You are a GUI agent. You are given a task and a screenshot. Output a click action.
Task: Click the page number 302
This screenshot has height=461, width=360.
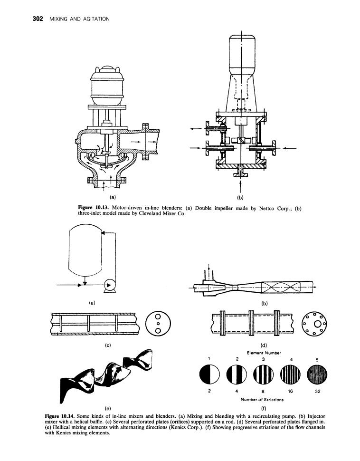pyautogui.click(x=38, y=19)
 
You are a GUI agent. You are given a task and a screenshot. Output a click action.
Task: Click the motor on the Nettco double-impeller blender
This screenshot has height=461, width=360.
pyautogui.click(x=106, y=85)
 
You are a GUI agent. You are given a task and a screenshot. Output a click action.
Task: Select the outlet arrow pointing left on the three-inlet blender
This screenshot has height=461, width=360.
pyautogui.click(x=196, y=128)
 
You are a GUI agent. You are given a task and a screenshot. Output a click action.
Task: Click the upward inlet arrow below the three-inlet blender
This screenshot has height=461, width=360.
pyautogui.click(x=241, y=185)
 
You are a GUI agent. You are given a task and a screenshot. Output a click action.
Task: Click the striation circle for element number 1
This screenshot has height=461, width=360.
pyautogui.click(x=209, y=375)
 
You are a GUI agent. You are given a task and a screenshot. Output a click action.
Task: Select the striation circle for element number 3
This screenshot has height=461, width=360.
pyautogui.click(x=263, y=375)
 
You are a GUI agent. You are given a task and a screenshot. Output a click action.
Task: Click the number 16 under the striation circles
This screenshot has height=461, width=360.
pyautogui.click(x=290, y=391)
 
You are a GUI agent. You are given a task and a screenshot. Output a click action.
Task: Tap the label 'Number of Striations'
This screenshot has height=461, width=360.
pyautogui.click(x=262, y=400)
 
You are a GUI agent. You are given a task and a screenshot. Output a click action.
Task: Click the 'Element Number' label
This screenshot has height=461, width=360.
pyautogui.click(x=264, y=353)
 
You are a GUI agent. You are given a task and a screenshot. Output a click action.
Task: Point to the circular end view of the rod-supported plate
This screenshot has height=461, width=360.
pyautogui.click(x=158, y=324)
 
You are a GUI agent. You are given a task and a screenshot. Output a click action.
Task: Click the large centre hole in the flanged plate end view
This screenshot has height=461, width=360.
pyautogui.click(x=318, y=324)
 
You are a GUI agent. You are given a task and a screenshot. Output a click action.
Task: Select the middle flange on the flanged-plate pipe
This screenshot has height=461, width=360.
pyautogui.click(x=251, y=323)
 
